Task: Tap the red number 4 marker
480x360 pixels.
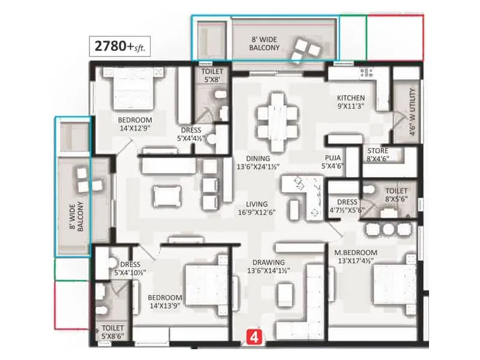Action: [x=255, y=337]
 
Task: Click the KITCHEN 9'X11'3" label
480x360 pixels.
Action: [x=350, y=101]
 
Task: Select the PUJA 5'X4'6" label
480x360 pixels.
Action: [x=332, y=161]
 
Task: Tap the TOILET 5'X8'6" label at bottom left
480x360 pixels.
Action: [x=113, y=332]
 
